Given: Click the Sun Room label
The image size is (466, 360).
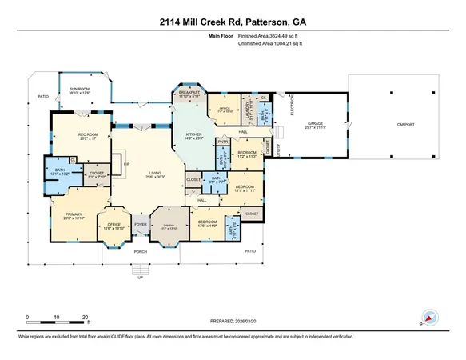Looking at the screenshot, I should [x=79, y=90].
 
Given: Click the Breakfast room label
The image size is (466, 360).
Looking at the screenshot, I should [x=189, y=94].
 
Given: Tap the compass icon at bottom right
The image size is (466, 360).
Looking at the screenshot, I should [x=429, y=318].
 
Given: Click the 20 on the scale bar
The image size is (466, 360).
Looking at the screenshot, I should [x=86, y=318].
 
